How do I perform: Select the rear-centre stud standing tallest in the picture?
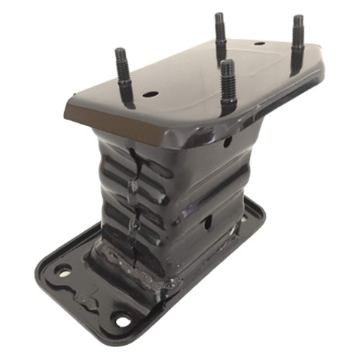pos(220,36)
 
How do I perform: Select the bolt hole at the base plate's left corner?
pos(63,271)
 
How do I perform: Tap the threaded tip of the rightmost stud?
pos(297,20)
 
